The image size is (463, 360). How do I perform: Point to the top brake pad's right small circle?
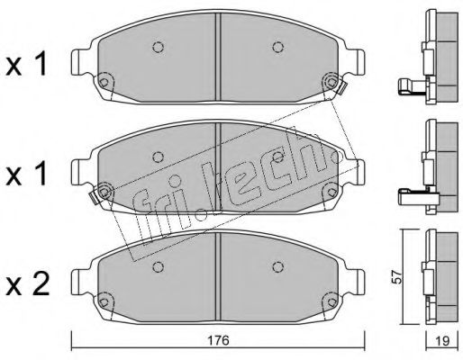(x=276, y=49)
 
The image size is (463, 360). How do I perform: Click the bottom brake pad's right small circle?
(x=276, y=265)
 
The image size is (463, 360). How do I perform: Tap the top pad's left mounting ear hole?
(x=104, y=83)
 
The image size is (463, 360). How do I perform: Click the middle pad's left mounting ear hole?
(x=104, y=192)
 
